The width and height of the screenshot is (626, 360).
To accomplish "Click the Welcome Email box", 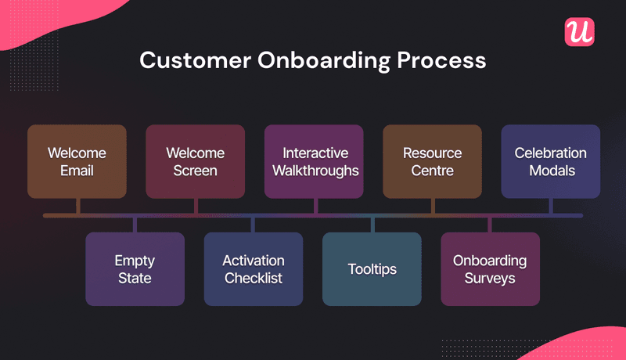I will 77,161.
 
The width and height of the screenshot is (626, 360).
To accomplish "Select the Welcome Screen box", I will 196,161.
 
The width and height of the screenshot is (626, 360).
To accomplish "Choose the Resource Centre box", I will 432,161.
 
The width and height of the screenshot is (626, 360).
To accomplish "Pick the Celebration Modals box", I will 550,161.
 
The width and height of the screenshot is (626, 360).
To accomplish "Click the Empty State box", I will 135,268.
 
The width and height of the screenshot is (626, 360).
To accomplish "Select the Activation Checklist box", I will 253,268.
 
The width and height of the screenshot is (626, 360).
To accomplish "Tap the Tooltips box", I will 372,268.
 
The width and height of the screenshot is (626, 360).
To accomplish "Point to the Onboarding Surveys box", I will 490,268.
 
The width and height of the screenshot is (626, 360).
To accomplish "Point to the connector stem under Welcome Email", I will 77,205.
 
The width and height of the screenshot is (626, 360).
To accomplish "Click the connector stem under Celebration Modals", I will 551,205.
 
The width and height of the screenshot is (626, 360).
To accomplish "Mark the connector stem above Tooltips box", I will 372,225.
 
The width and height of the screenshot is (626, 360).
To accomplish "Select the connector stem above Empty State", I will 135,225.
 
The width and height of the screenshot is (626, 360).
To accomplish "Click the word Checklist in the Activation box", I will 253,278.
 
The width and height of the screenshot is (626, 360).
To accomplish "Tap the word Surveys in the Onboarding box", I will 490,278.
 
